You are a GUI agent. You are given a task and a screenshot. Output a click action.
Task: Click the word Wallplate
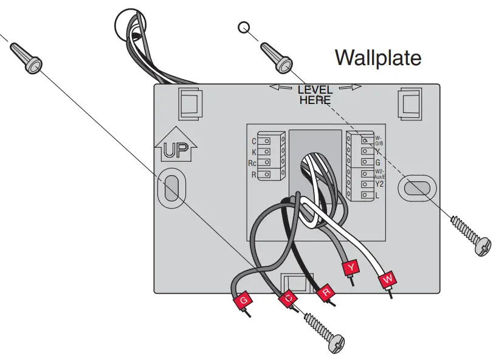click(377, 58)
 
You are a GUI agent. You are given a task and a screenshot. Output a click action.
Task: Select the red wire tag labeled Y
click(351, 268)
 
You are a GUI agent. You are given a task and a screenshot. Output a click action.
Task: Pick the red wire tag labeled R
click(326, 291)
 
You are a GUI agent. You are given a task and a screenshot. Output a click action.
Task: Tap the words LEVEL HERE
click(315, 95)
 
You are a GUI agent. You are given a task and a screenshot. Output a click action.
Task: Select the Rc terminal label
click(252, 164)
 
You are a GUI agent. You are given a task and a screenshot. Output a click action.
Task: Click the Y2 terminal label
click(379, 184)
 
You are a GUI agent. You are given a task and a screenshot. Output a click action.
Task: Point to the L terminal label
click(377, 195)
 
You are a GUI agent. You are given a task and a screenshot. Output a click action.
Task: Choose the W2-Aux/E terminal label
click(380, 173)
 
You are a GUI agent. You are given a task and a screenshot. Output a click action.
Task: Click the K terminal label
click(253, 152)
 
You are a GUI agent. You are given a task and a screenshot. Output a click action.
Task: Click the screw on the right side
click(481, 246)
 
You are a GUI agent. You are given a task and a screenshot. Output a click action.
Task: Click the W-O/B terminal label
click(379, 140)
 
